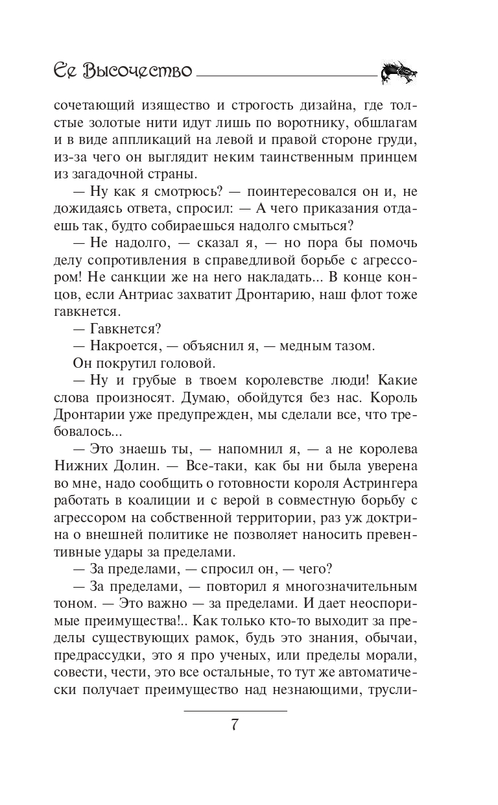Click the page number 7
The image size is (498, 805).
(235, 725)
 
